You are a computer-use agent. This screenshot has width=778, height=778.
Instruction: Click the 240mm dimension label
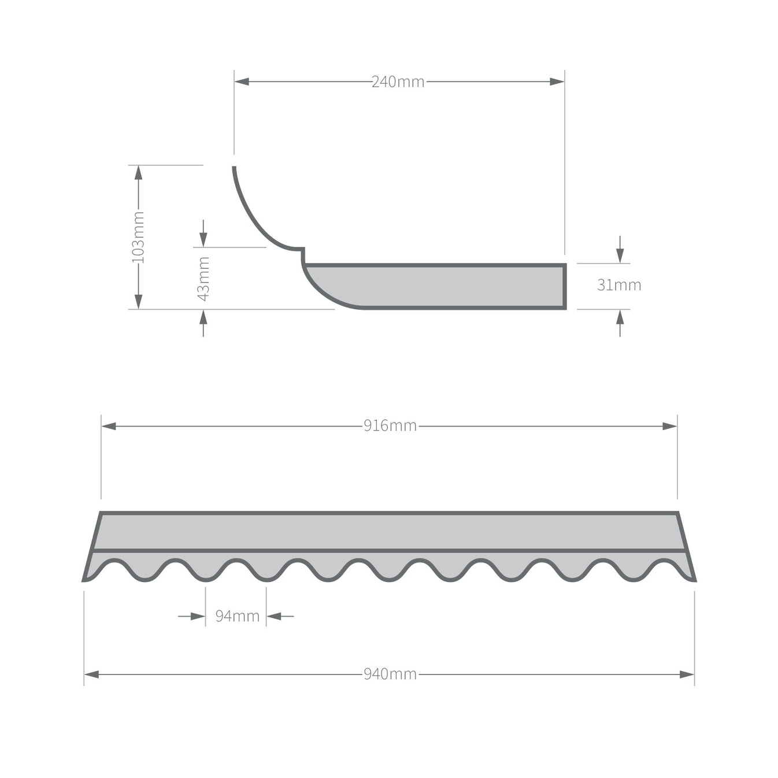398,82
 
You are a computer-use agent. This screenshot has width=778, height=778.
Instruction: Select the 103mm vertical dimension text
138,237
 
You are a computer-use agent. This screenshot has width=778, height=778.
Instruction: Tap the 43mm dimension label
203,279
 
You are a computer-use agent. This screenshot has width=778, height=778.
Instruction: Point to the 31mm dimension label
619,285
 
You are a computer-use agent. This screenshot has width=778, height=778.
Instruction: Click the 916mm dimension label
390,426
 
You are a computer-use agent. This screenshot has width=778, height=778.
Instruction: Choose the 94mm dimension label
237,616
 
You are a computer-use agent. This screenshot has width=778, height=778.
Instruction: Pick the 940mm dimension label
390,675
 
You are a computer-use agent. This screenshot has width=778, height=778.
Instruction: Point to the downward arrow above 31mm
620,255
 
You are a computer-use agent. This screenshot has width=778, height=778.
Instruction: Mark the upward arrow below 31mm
620,317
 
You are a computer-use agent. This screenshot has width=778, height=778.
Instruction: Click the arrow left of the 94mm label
198,616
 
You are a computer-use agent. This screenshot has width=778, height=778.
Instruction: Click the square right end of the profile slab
564,286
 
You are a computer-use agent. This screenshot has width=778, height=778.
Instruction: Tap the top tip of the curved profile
234,168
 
